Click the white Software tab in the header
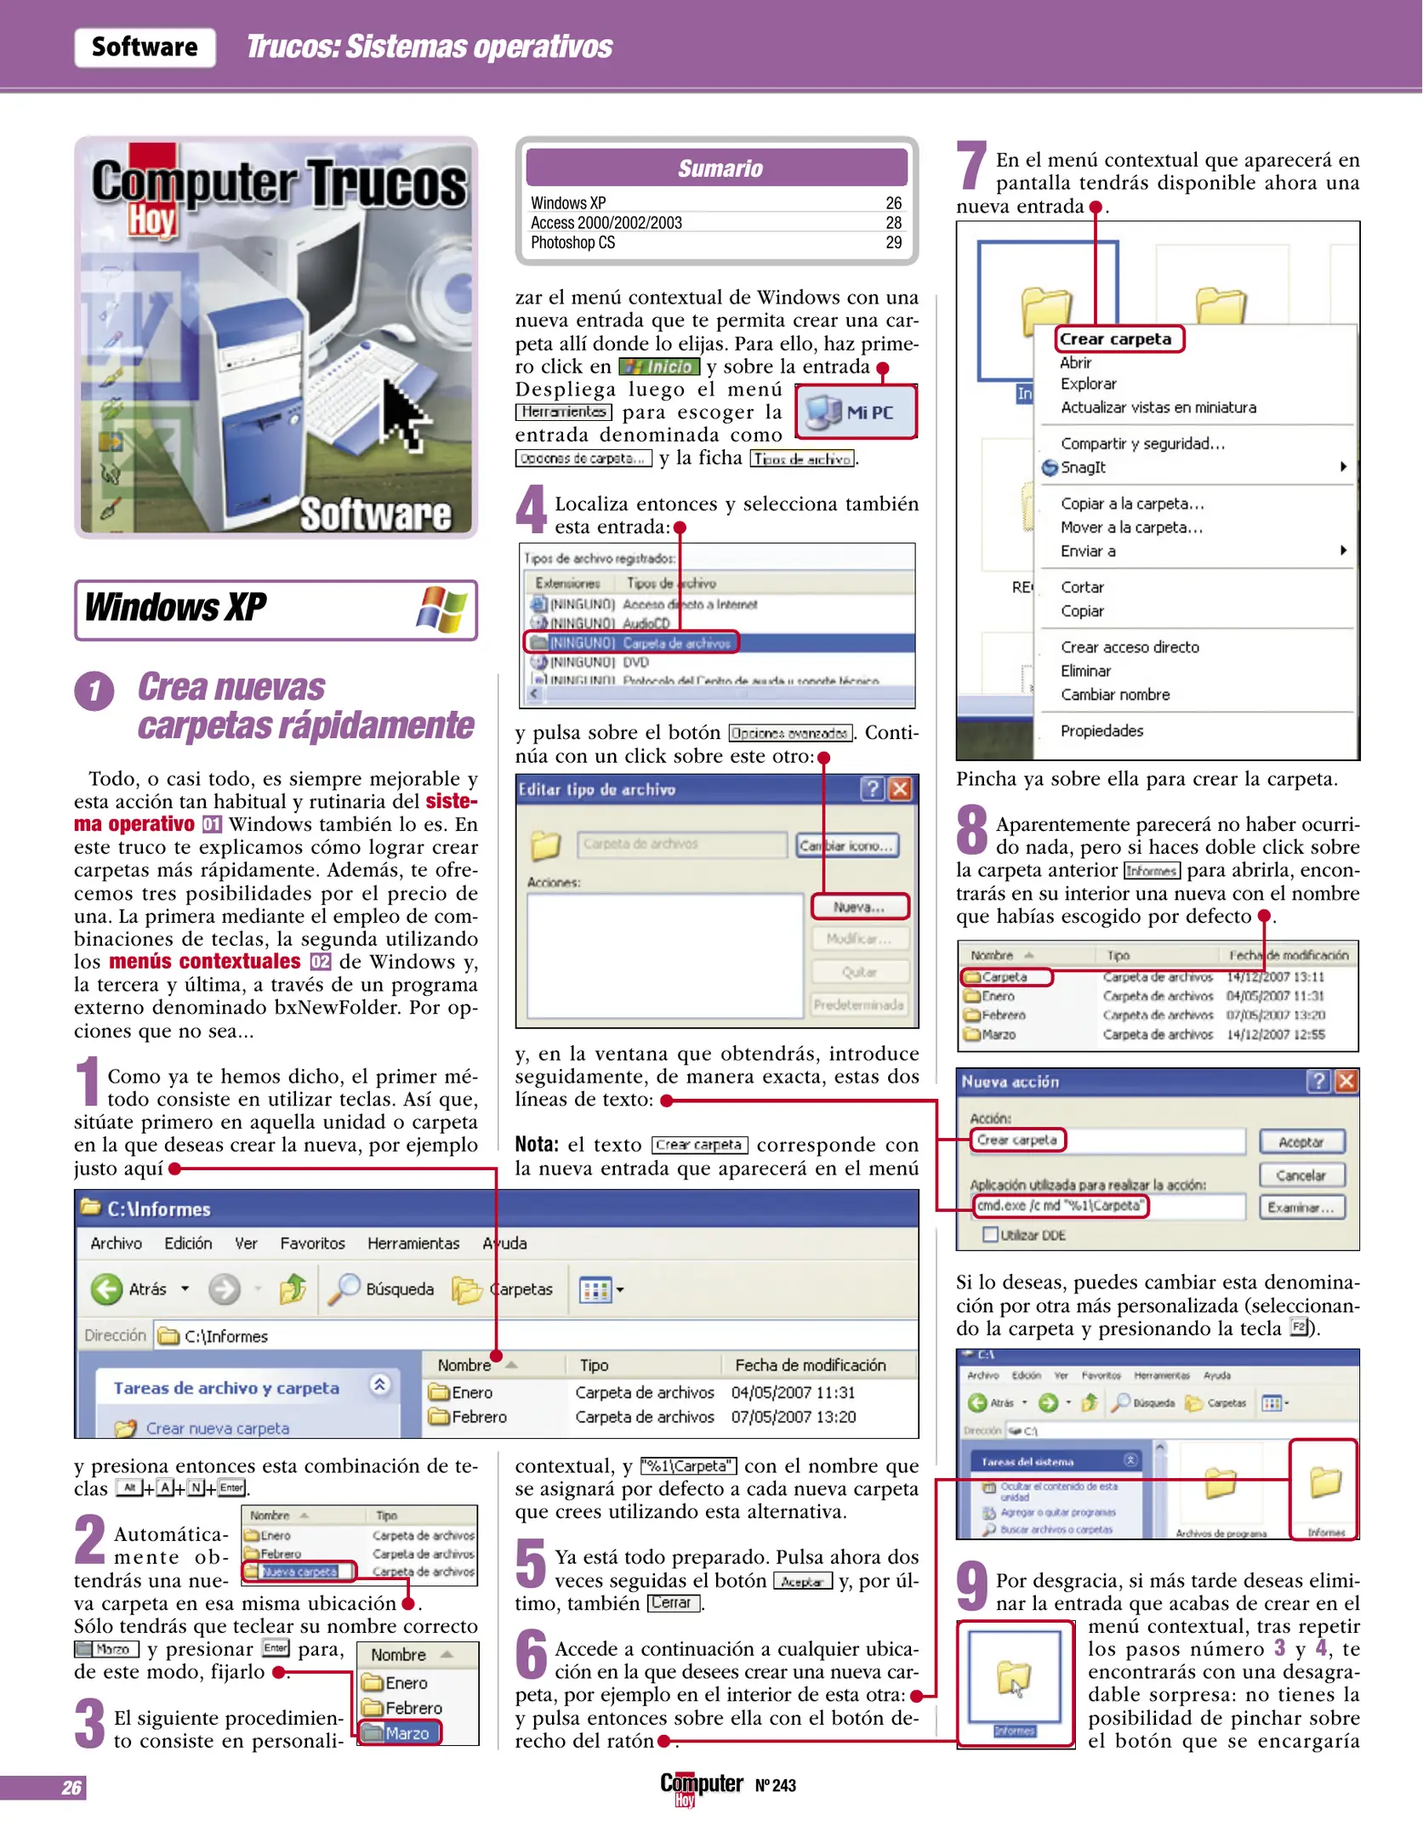145,47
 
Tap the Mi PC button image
856,412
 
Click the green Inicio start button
659,367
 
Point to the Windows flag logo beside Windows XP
441,609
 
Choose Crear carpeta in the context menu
1116,339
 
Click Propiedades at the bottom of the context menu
1101,731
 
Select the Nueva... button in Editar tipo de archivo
859,907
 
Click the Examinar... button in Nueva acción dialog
1301,1207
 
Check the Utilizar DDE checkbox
990,1234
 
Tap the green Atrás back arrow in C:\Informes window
107,1289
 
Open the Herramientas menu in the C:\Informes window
413,1243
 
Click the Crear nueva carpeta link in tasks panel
217,1428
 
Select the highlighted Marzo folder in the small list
400,1732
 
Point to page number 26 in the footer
71,1788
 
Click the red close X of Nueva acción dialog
1346,1081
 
